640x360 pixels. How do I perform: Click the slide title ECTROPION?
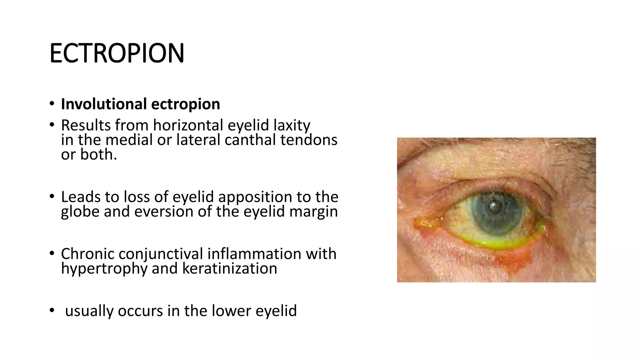pyautogui.click(x=117, y=53)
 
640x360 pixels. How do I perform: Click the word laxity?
pyautogui.click(x=292, y=125)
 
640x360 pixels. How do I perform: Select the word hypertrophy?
pyautogui.click(x=104, y=268)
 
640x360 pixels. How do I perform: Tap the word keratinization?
pyautogui.click(x=230, y=268)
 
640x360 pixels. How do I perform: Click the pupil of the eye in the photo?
pyautogui.click(x=494, y=207)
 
